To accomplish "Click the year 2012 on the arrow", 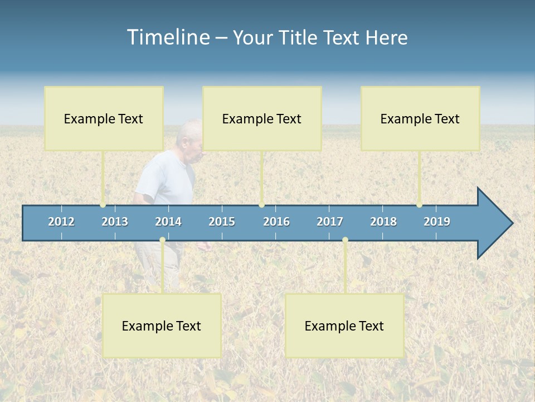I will (x=61, y=222).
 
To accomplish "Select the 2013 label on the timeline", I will (x=115, y=222).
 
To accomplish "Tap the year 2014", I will (x=168, y=222).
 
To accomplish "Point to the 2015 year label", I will (x=222, y=222).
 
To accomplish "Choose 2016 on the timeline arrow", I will (x=276, y=222).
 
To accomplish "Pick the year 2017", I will (x=330, y=222).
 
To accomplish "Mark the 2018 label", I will (x=383, y=222).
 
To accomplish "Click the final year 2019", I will (x=437, y=222).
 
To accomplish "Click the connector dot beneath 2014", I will (x=162, y=240).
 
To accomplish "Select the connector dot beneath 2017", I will (x=345, y=240).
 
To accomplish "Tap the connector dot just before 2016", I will (x=261, y=205).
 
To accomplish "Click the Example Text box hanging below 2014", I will (x=162, y=326).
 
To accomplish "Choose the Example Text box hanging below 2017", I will (x=344, y=326).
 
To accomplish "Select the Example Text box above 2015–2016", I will (x=262, y=118).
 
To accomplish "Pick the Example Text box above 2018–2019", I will (x=420, y=118).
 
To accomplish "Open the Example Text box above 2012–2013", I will (x=104, y=118).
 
